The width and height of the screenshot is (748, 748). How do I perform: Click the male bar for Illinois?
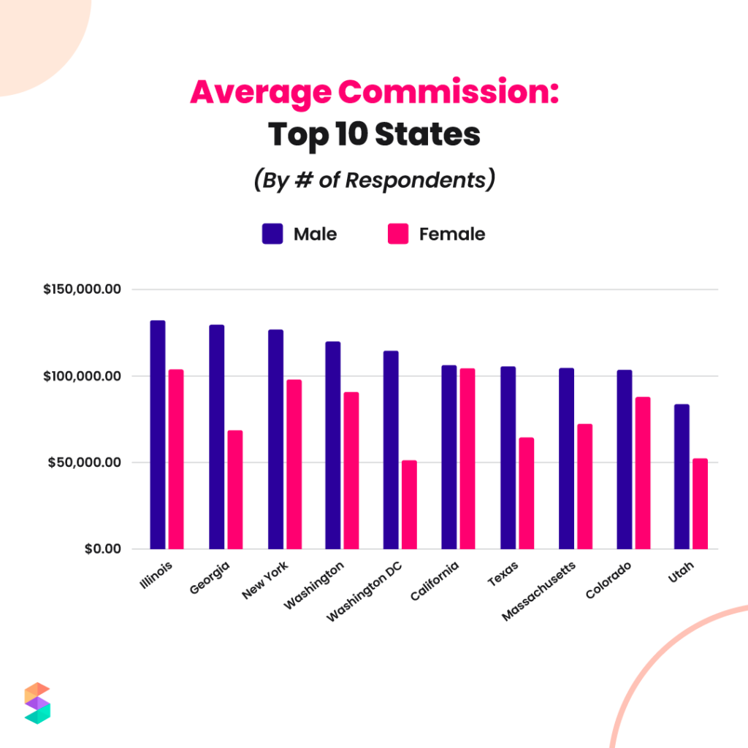158,435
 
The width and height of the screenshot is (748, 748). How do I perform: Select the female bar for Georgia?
234,489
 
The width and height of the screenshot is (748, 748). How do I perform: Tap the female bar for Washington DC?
409,505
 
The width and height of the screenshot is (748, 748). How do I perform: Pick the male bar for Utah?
682,476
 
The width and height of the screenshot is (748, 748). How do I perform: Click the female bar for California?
467,459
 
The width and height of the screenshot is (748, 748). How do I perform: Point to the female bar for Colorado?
642,473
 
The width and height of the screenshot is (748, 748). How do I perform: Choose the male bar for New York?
275,439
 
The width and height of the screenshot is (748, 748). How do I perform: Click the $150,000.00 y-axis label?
82,289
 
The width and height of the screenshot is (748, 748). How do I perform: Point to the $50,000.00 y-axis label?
85,462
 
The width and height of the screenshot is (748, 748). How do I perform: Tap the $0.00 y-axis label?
100,549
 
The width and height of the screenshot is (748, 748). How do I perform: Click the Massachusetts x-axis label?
539,591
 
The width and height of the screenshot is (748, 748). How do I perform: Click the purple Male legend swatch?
272,234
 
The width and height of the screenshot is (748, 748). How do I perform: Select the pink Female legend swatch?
398,234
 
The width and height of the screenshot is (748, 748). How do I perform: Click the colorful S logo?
37,703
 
